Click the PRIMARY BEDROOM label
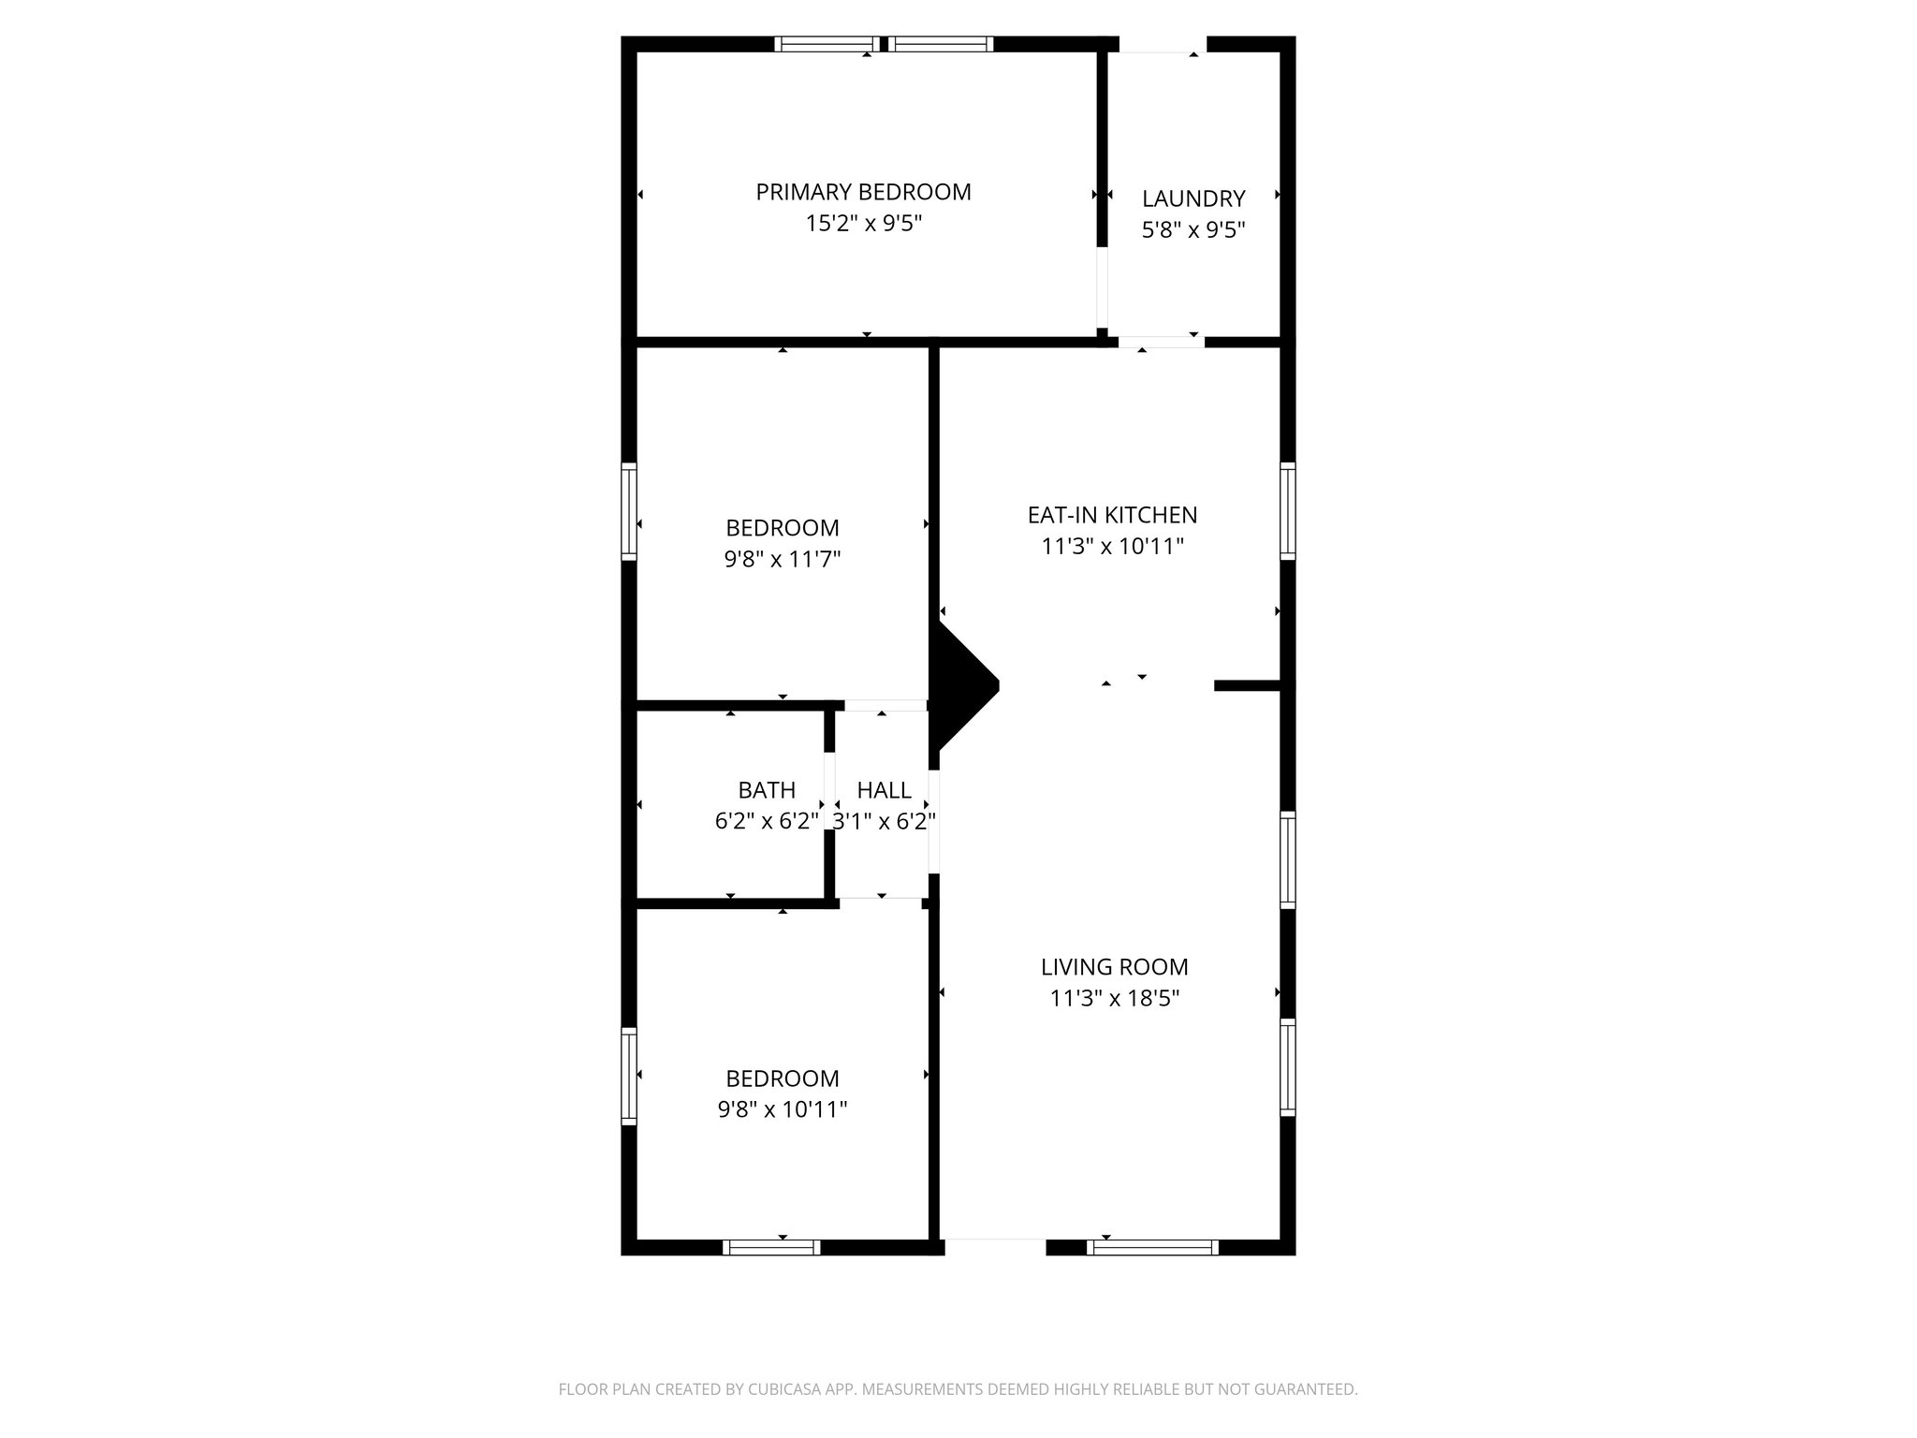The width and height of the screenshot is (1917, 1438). (x=863, y=192)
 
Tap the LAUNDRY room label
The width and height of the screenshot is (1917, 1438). (x=1193, y=198)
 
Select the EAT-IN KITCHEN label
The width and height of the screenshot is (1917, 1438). (x=1112, y=515)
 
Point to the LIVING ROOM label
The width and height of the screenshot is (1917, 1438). (x=1114, y=966)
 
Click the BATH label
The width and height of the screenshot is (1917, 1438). (x=767, y=790)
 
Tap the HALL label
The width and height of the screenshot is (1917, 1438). (x=884, y=790)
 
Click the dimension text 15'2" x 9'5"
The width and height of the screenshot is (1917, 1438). (x=863, y=224)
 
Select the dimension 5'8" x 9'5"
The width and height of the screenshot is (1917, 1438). (x=1193, y=230)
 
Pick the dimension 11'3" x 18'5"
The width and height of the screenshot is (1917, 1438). (x=1114, y=998)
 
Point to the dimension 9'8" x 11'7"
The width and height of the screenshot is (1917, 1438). (x=783, y=560)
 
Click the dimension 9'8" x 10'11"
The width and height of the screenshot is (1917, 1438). (x=783, y=1110)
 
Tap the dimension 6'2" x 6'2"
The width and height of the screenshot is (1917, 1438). (x=767, y=822)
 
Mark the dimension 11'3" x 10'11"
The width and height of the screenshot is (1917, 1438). (x=1112, y=547)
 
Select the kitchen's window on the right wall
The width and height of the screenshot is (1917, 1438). (x=1288, y=511)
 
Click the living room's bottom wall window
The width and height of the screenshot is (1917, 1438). (x=1153, y=1247)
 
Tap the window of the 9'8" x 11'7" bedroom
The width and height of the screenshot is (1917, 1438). (x=629, y=511)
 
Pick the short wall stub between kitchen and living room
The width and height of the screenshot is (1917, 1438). (x=1247, y=685)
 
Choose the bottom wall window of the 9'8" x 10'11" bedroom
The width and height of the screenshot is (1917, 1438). (x=771, y=1247)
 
